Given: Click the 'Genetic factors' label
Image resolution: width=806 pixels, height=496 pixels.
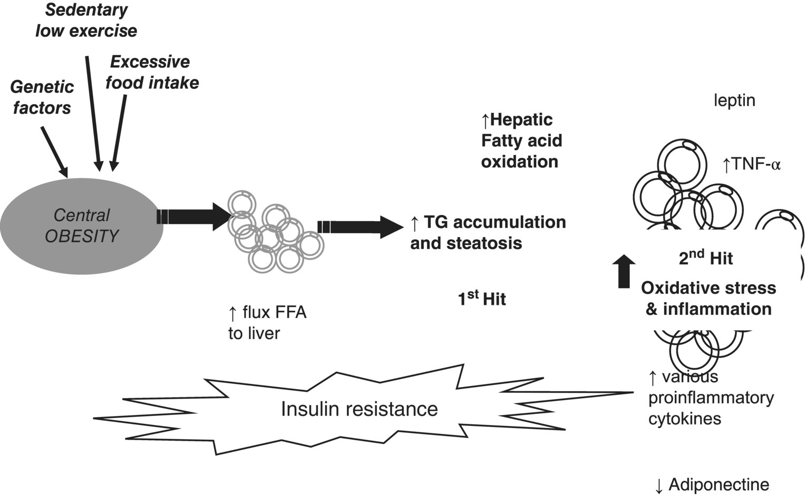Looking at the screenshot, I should (x=42, y=97).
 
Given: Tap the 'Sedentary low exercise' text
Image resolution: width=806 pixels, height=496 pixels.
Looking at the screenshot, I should (x=86, y=21).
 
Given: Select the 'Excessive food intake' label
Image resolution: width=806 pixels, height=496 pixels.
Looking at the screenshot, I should (x=152, y=72).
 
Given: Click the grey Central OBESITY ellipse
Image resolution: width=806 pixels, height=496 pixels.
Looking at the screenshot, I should (x=82, y=226).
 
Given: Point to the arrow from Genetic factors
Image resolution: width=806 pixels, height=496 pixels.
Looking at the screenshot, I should (x=54, y=152).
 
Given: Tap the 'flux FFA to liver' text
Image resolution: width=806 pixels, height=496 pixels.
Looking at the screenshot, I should (x=267, y=323).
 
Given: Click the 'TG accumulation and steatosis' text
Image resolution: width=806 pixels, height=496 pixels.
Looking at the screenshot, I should (x=488, y=232).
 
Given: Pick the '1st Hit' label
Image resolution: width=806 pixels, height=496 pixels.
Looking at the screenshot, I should (x=482, y=299).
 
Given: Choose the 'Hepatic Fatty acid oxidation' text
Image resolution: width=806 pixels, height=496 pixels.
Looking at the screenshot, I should (x=521, y=141).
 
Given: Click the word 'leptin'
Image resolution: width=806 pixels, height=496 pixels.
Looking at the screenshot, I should (x=734, y=100).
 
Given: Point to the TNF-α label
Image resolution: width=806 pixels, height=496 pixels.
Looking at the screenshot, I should (x=751, y=165).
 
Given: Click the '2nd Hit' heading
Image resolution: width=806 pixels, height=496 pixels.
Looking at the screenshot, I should (x=706, y=258).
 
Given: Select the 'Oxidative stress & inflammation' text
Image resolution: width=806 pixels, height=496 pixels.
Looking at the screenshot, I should (x=708, y=298).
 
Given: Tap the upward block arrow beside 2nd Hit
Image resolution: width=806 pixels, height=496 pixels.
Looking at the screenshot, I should (x=624, y=271).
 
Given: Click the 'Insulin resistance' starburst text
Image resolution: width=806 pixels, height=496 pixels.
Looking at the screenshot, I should (x=359, y=409).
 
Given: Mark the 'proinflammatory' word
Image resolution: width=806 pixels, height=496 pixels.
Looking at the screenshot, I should (x=711, y=398).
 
